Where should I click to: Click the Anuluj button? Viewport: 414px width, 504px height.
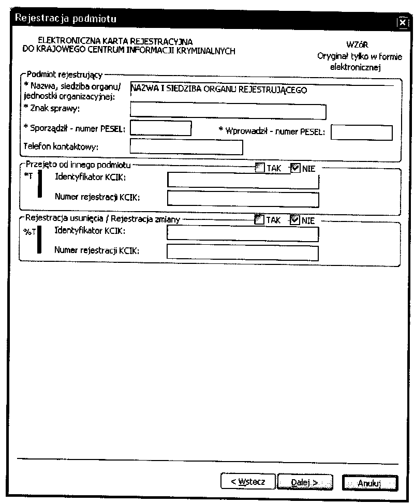369,482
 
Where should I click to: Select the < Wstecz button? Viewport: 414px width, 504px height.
248,482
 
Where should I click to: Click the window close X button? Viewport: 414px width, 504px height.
403,22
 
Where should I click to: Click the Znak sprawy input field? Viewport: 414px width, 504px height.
228,111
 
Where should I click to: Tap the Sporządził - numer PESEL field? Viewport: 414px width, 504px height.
161,128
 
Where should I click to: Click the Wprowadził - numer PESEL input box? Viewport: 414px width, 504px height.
361,132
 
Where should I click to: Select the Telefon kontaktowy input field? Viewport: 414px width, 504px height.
186,147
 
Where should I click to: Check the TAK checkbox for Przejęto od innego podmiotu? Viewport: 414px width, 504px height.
260,168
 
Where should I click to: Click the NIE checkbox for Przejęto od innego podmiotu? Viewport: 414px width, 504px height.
295,168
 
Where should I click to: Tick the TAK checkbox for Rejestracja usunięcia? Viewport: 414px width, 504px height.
260,220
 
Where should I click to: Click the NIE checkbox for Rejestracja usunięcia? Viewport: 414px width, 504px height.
295,220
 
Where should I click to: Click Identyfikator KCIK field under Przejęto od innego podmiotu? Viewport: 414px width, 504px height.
243,180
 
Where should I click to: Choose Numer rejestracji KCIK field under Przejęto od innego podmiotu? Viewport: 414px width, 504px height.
243,198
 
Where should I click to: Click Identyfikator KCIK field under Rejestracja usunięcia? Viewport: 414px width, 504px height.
242,234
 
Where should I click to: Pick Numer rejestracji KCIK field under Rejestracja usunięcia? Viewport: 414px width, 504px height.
242,252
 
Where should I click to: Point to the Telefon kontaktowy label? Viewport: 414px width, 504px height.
61,146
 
